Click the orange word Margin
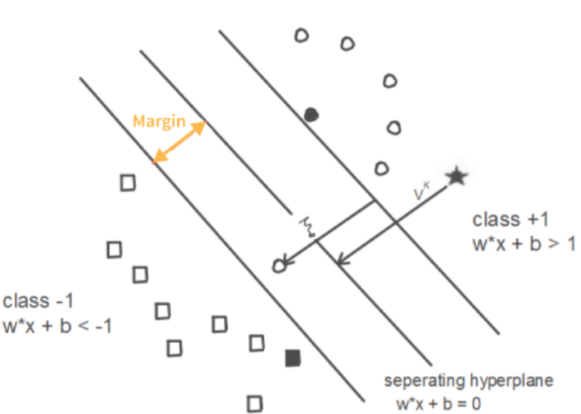(158, 122)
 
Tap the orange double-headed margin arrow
(179, 143)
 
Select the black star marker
(457, 176)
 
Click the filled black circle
(310, 115)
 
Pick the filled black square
(293, 358)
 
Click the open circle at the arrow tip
(280, 265)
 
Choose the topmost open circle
(301, 36)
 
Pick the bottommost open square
(255, 401)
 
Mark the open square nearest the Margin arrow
(127, 182)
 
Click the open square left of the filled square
(257, 343)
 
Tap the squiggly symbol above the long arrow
(306, 225)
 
